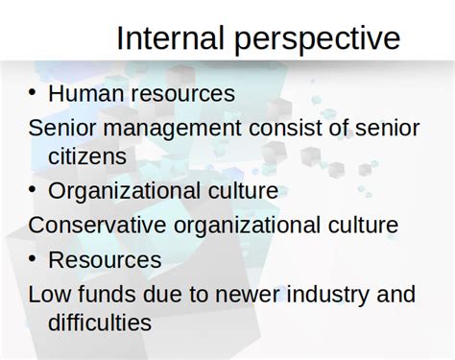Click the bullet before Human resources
point(33,92)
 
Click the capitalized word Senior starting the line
point(60,128)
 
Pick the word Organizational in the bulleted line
point(126,191)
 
